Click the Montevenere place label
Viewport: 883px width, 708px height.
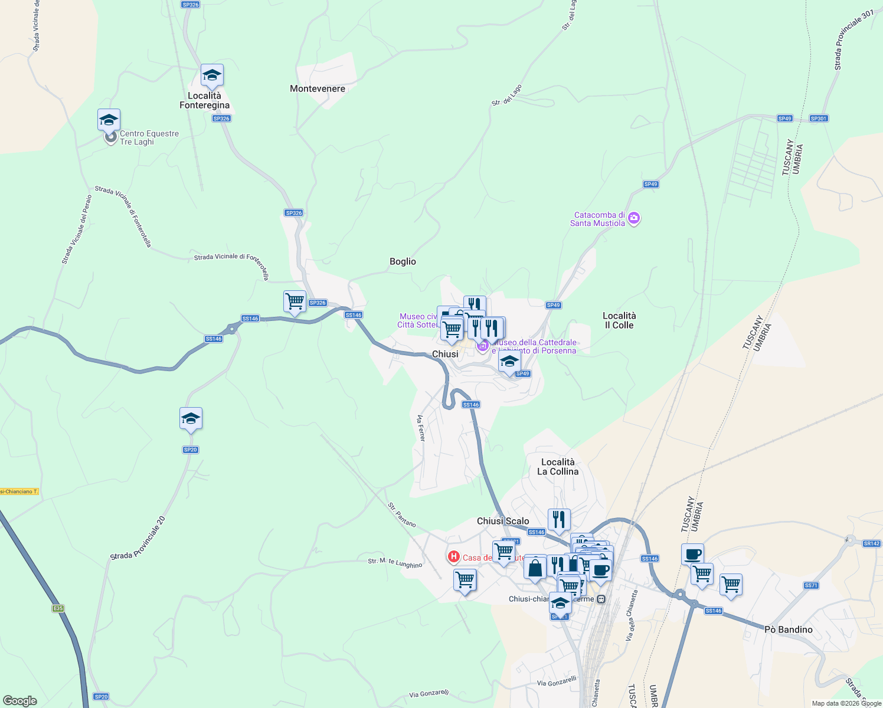318,88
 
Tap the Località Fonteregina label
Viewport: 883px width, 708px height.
205,100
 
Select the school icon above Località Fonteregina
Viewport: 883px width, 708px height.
212,76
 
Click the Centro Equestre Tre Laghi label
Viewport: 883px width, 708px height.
149,137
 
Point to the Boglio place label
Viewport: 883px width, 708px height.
403,261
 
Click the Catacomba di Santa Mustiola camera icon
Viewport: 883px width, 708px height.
634,218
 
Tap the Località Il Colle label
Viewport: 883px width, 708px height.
619,320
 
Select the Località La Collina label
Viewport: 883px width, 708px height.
558,467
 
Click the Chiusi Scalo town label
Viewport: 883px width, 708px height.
503,521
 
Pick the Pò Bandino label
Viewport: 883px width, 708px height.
788,630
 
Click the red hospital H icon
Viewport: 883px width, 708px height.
453,556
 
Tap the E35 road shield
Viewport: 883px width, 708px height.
57,608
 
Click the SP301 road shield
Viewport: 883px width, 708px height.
818,119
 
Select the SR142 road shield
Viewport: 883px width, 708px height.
871,543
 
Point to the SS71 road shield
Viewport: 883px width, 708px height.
810,585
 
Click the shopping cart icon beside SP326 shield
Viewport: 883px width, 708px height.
295,301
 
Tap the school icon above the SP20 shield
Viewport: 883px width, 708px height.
191,418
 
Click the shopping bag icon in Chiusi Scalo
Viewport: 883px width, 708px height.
535,568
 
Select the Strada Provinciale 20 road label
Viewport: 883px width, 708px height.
138,539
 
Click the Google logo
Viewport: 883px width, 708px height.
20,701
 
